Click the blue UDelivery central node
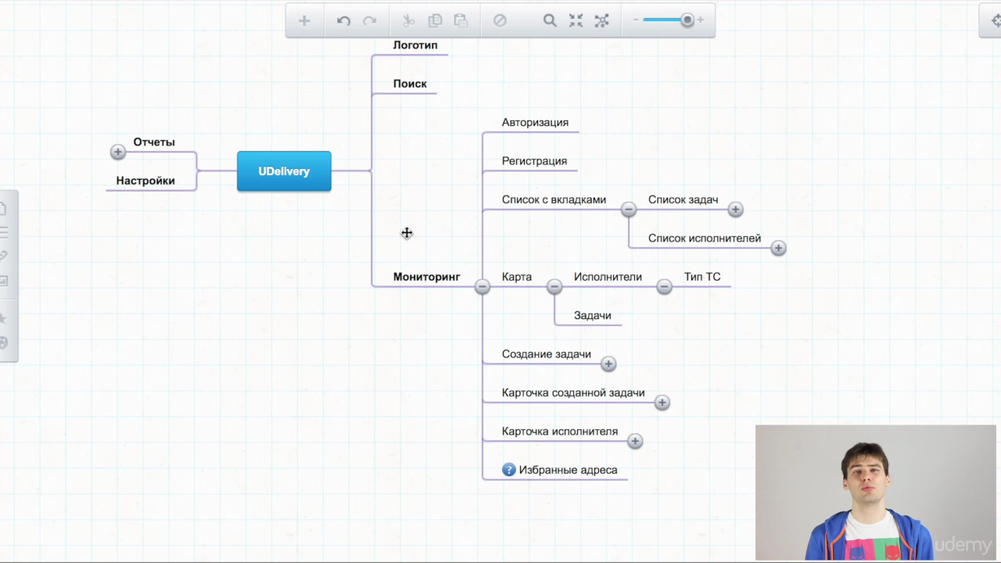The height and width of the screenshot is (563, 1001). click(x=284, y=171)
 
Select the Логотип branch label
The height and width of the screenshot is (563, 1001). click(x=415, y=45)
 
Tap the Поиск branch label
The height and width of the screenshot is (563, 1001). click(x=410, y=84)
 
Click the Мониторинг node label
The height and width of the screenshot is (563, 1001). click(x=426, y=277)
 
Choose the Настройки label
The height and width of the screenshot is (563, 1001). click(x=145, y=181)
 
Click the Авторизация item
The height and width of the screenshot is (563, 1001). click(x=535, y=123)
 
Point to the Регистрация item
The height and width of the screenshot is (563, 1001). click(x=534, y=161)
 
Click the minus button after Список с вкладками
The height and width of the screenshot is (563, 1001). click(x=628, y=209)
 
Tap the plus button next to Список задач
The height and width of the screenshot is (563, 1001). click(x=735, y=209)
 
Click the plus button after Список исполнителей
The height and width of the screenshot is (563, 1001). click(x=778, y=248)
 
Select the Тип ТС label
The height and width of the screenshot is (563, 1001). click(x=702, y=277)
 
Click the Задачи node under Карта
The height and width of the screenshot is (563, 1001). click(x=592, y=315)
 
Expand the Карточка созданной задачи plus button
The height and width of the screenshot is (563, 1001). click(x=662, y=403)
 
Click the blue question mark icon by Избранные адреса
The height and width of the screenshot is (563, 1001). click(x=508, y=470)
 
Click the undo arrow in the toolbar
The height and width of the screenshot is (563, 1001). click(x=343, y=20)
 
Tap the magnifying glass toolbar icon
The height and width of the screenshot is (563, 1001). click(x=550, y=20)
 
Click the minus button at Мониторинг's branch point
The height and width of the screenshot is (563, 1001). click(x=483, y=286)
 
